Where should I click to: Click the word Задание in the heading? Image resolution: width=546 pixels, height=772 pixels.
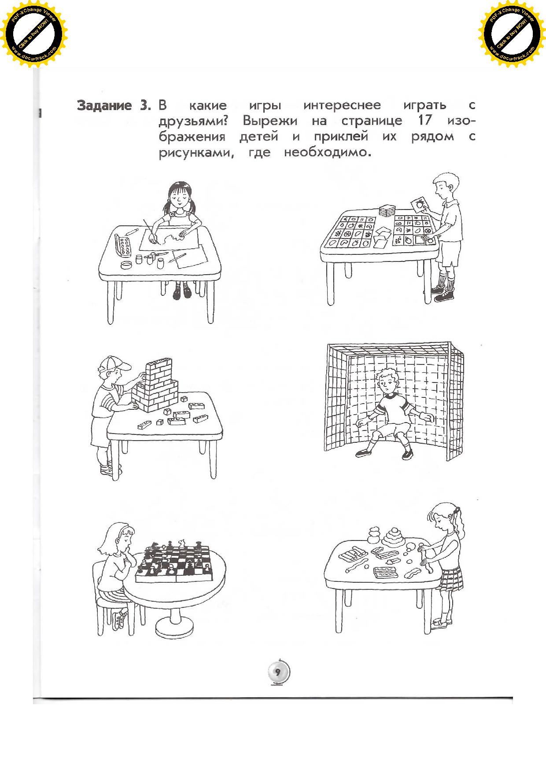(104, 106)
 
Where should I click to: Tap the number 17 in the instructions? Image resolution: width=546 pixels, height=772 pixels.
(424, 121)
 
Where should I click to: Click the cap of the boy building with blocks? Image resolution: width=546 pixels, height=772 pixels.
(116, 364)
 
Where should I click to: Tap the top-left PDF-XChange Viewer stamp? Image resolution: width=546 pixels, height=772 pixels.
(33, 35)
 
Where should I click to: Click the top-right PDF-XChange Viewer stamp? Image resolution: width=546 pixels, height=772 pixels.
(512, 35)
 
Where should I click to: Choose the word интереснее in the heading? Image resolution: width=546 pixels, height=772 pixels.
(342, 106)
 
